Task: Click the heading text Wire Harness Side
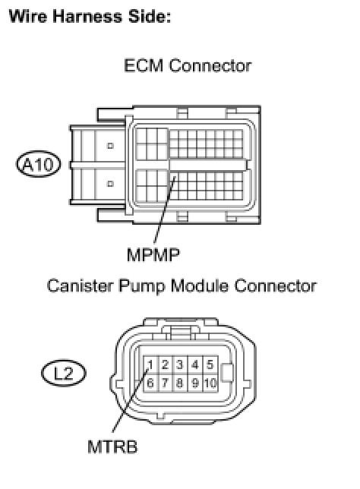90,16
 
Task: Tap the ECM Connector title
188,65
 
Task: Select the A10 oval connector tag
39,164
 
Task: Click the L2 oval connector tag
63,373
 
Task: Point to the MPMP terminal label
153,255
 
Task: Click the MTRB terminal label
112,446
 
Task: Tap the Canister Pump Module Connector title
182,286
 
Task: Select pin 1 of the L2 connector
150,364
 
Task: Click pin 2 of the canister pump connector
166,364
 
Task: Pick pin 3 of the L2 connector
180,364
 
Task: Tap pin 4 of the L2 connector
195,364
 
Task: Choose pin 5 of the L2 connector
210,364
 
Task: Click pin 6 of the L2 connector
150,383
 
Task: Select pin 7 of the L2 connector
166,383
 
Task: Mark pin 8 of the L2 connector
180,383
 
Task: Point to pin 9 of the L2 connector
195,383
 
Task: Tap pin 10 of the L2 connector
210,383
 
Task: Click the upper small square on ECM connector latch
110,146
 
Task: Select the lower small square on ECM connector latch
110,184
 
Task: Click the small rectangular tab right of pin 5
227,373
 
